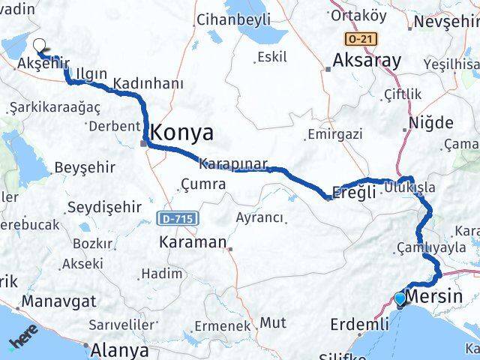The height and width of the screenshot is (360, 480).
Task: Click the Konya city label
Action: point(182,133)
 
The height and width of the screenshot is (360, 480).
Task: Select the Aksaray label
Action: point(367,61)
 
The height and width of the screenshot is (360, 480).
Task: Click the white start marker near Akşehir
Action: point(39,46)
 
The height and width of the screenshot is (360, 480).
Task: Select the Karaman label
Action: point(192,242)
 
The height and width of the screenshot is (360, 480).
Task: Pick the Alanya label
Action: point(118,349)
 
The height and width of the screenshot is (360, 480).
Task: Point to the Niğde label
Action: point(430,123)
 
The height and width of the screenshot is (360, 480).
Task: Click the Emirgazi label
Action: point(334,135)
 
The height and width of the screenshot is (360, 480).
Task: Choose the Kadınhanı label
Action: point(148,84)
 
